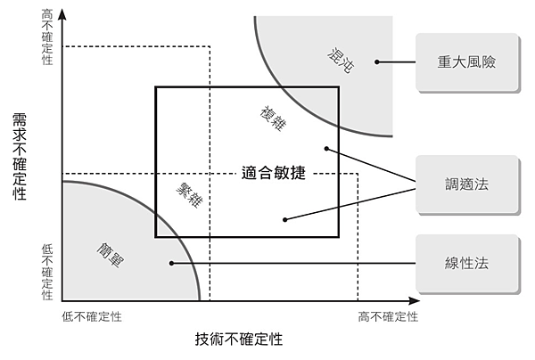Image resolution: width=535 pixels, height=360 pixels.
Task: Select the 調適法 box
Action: pos(466,184)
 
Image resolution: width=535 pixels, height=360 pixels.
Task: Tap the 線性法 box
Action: pos(466,263)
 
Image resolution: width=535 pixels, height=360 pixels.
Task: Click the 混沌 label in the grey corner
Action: pos(342,59)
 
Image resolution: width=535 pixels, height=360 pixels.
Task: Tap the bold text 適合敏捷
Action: pos(274,173)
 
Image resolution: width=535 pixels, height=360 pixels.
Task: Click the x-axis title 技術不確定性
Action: pos(239,340)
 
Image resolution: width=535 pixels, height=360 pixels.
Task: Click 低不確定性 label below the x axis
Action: pos(92,316)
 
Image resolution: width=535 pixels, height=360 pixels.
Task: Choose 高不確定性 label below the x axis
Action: pos(388,316)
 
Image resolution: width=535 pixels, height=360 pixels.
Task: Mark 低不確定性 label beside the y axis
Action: pos(47,271)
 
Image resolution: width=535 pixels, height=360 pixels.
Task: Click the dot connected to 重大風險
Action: pos(377,62)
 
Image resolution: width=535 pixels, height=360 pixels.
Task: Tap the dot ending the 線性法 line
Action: pos(170,263)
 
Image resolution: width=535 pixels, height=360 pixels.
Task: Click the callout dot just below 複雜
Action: pos(327,148)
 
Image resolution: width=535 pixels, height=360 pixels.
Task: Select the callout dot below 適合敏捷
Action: pos(284,219)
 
